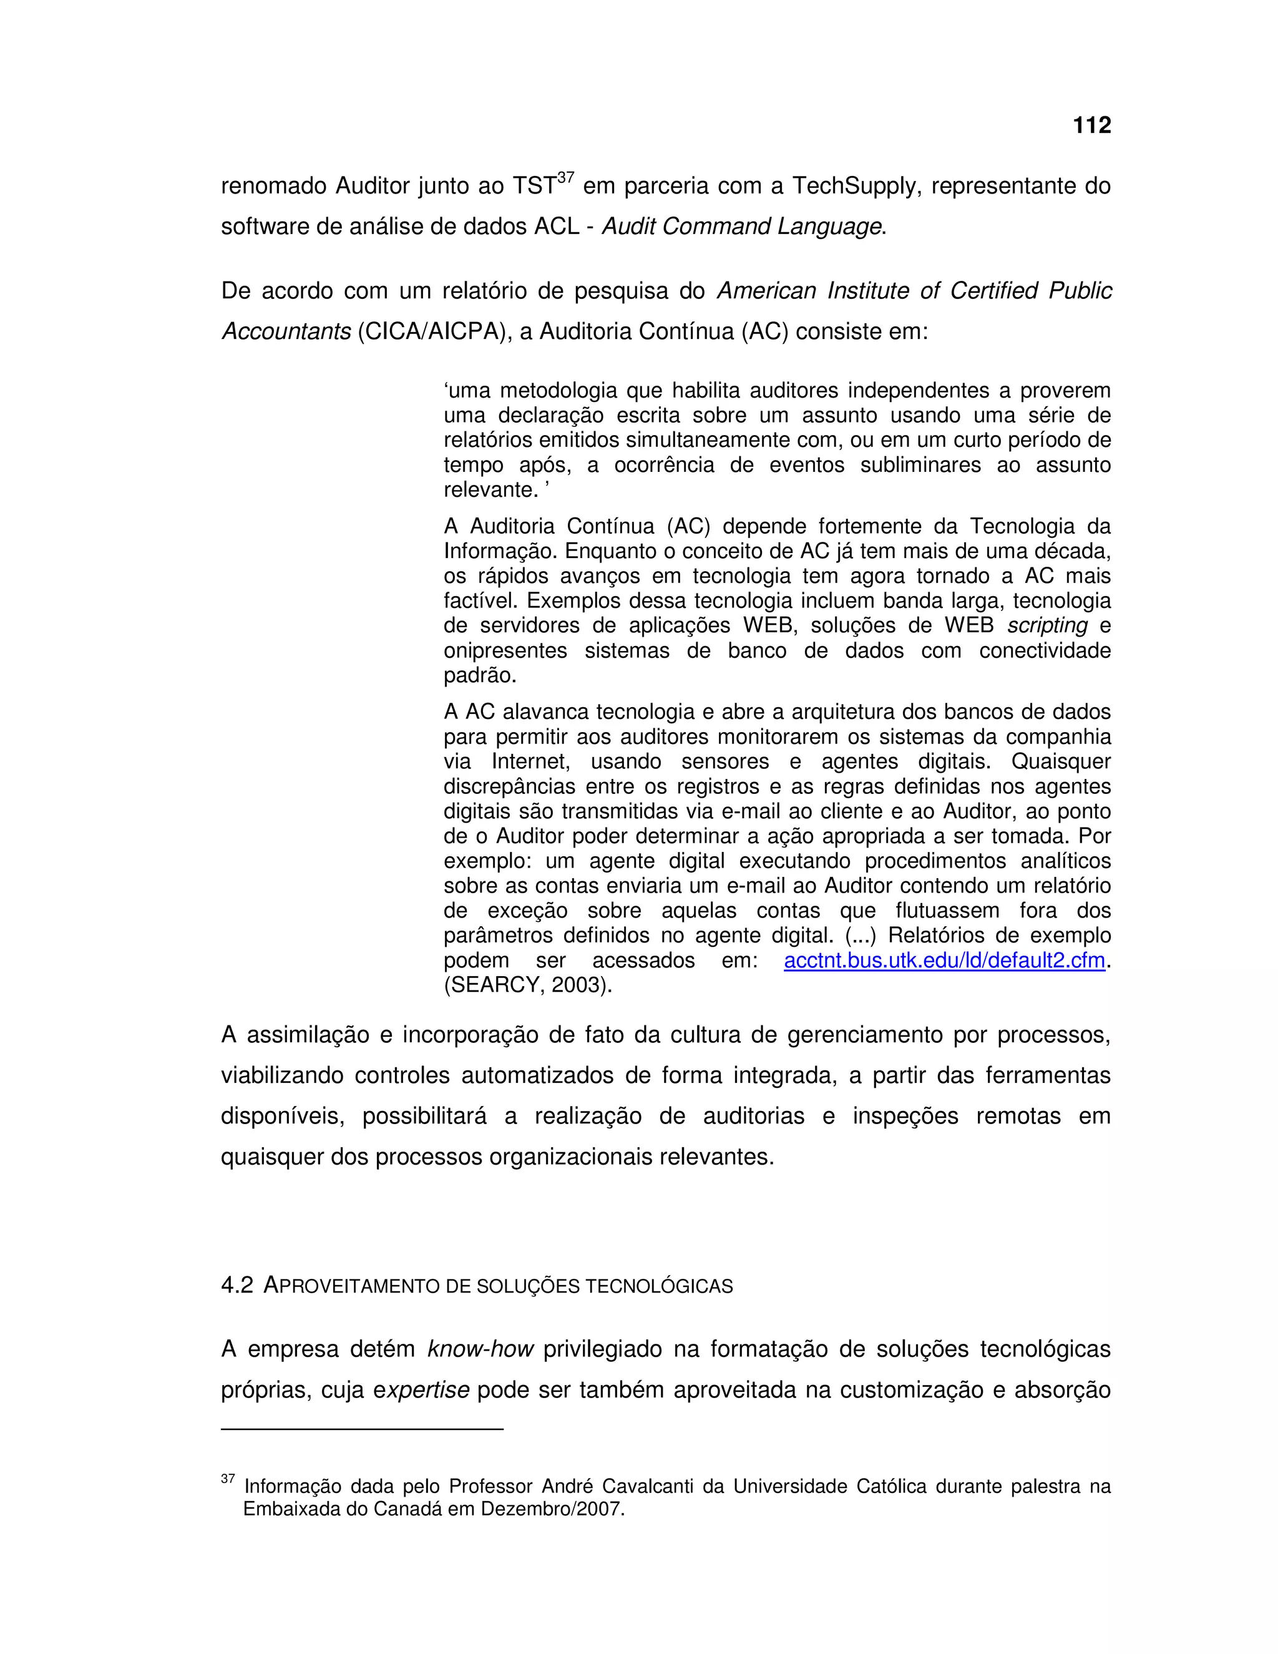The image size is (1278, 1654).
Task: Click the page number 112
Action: click(x=1091, y=125)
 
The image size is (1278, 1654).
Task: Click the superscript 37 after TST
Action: click(x=565, y=178)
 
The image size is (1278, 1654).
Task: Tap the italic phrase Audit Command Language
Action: click(x=741, y=227)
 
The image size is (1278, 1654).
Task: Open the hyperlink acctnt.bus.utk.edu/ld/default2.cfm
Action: click(x=944, y=961)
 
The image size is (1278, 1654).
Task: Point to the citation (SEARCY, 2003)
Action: click(x=527, y=986)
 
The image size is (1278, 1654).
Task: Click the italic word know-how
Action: click(x=480, y=1349)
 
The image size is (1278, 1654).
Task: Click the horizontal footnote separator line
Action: click(x=362, y=1429)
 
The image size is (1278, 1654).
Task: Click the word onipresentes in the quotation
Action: click(x=505, y=650)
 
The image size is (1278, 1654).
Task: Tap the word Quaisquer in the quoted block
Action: click(x=1061, y=761)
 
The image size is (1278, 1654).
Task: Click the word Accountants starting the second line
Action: click(x=285, y=331)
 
